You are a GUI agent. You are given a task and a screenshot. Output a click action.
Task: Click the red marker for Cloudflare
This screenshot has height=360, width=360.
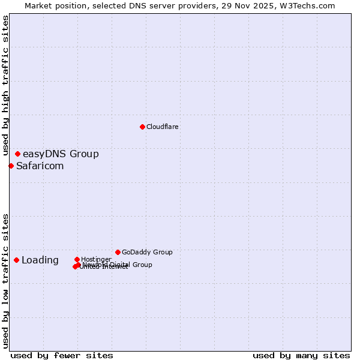click(x=142, y=127)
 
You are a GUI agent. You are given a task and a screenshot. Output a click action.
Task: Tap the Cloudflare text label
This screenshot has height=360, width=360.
click(x=163, y=127)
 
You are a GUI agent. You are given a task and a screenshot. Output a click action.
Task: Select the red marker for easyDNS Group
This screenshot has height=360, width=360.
click(x=17, y=154)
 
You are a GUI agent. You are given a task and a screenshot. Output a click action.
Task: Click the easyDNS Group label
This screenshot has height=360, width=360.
click(x=61, y=154)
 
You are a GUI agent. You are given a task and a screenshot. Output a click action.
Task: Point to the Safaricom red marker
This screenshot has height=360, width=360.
click(x=11, y=166)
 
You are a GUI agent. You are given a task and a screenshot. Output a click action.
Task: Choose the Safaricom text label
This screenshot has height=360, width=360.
click(x=40, y=166)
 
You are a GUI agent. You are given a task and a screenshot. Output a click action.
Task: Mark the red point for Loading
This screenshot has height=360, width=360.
click(x=16, y=260)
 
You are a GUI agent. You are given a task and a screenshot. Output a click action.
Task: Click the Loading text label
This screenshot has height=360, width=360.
click(x=40, y=260)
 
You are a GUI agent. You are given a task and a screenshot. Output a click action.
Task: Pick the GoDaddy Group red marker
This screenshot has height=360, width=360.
click(x=118, y=252)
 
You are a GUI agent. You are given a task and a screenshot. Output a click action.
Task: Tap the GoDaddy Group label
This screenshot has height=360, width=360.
click(x=147, y=253)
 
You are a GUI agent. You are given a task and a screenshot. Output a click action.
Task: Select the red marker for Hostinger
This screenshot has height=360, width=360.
click(x=77, y=259)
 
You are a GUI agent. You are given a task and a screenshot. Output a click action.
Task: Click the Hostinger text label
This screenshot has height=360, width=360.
click(x=96, y=259)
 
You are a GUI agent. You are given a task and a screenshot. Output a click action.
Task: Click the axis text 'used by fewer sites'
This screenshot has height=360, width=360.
click(x=62, y=356)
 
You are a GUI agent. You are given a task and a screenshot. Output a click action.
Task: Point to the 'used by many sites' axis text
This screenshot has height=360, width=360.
click(x=301, y=356)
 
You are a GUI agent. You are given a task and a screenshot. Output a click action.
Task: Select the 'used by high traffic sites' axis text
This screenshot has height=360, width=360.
click(x=5, y=81)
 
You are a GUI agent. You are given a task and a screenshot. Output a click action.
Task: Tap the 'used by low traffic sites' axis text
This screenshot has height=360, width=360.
click(x=5, y=280)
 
